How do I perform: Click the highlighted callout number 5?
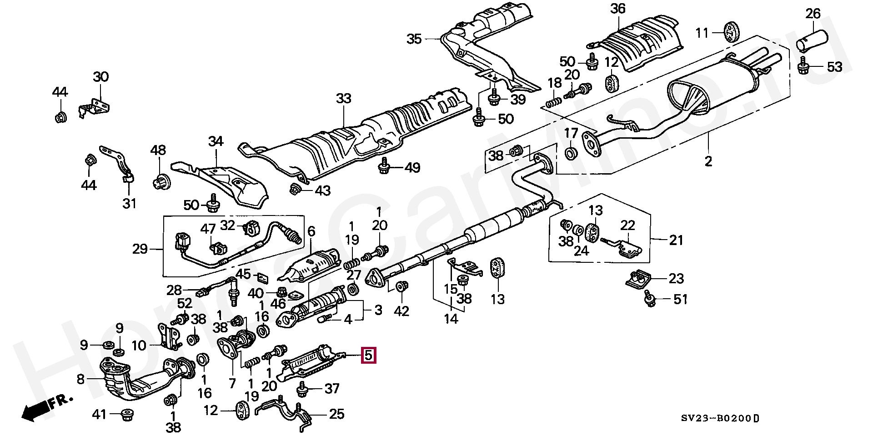tap(369, 355)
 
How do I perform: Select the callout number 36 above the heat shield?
tap(617, 9)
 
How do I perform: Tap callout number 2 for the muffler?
tap(708, 160)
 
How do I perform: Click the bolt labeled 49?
tap(384, 167)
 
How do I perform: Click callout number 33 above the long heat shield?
tap(344, 98)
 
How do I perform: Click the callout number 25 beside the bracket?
tap(336, 414)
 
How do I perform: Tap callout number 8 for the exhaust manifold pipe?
tap(80, 379)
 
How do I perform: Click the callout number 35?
tap(414, 39)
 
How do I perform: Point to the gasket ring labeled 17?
tap(571, 153)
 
